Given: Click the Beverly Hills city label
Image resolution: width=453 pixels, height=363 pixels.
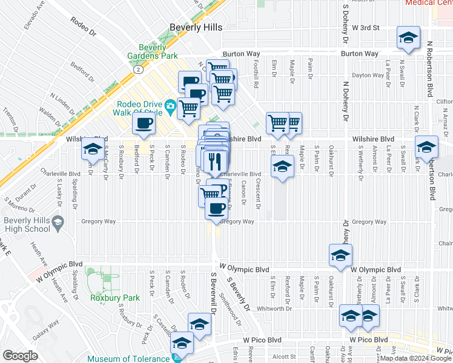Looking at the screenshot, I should point(196,27).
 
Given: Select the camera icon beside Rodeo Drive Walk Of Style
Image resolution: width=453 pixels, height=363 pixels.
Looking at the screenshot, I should point(171,107).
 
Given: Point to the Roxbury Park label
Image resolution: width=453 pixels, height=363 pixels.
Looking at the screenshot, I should point(114,298).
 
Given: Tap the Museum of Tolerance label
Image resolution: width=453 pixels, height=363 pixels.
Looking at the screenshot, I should point(128,359).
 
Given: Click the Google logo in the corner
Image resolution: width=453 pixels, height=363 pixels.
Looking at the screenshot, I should point(20,356).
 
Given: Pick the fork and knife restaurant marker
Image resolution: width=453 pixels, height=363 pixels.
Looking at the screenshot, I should point(214,161).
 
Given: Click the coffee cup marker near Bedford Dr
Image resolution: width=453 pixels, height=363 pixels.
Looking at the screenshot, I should point(144,123).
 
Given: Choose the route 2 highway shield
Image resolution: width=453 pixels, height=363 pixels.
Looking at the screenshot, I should point(139,70).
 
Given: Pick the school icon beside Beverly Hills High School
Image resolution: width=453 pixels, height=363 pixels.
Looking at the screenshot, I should point(58,223).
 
